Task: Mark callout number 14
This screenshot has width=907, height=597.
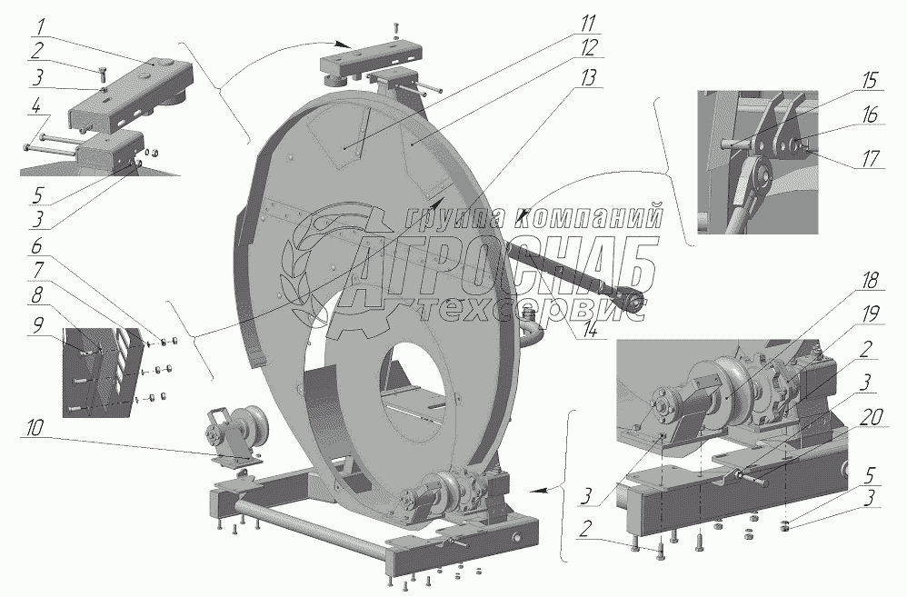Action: coord(591,333)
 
